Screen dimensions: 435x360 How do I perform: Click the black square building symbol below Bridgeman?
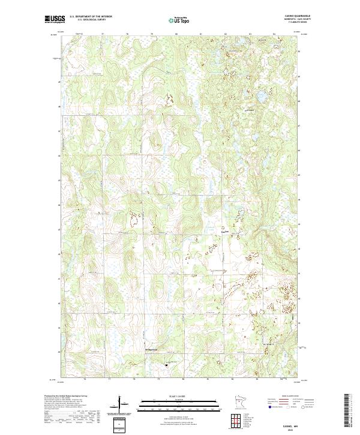point(166,364)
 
